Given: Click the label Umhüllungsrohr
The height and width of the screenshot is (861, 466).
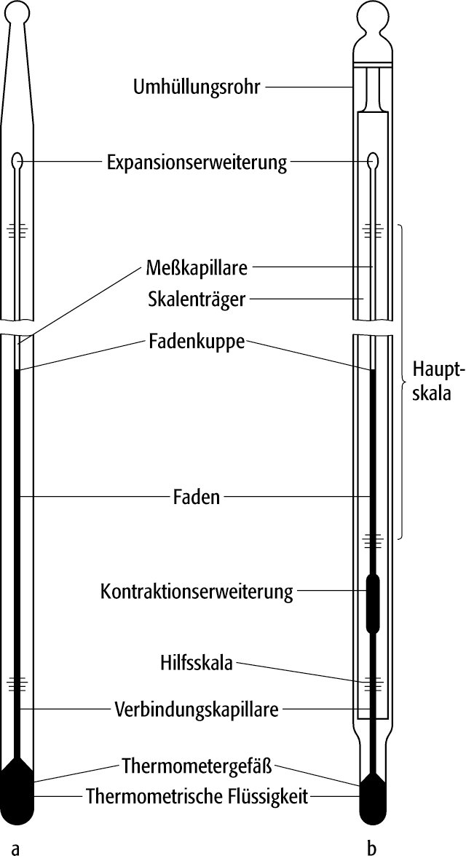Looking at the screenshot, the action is tap(197, 87).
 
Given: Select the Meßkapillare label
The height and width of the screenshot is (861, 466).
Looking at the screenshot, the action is tap(197, 269).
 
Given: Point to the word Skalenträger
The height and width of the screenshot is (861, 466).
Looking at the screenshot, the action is tap(197, 299).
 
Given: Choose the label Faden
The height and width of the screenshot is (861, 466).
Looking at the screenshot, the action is tap(196, 497).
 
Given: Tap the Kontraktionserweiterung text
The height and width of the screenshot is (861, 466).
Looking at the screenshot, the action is tap(197, 592).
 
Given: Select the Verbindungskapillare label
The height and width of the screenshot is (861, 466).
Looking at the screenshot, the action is tap(197, 709).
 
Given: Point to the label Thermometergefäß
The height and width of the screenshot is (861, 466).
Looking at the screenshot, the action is tap(197, 766).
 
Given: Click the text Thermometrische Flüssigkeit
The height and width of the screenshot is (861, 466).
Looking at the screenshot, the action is tap(197, 797).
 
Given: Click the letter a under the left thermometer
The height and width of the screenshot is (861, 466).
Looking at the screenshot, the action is tap(15, 849).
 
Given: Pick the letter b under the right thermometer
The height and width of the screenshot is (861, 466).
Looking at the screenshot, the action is tap(371, 849).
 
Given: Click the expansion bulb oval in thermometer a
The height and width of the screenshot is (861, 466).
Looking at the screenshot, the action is tap(17, 162).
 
